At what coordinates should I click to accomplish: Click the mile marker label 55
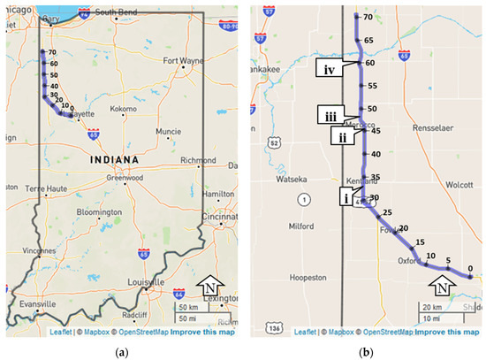tap(372, 86)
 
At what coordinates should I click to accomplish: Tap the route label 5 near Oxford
tap(449, 260)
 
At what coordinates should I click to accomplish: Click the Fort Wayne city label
tap(184, 61)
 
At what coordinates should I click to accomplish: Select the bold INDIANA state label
tap(112, 159)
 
